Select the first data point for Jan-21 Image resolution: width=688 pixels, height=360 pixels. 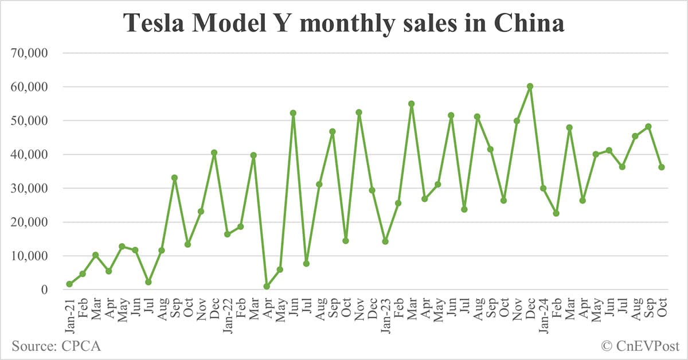pyautogui.click(x=69, y=284)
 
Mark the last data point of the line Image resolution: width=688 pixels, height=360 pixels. pyautogui.click(x=662, y=167)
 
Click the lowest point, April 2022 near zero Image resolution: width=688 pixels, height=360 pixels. pyautogui.click(x=267, y=287)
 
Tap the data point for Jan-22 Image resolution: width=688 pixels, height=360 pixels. pyautogui.click(x=228, y=234)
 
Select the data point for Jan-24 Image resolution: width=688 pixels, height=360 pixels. pyautogui.click(x=543, y=188)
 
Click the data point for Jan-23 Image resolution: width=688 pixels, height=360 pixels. pyautogui.click(x=385, y=241)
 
